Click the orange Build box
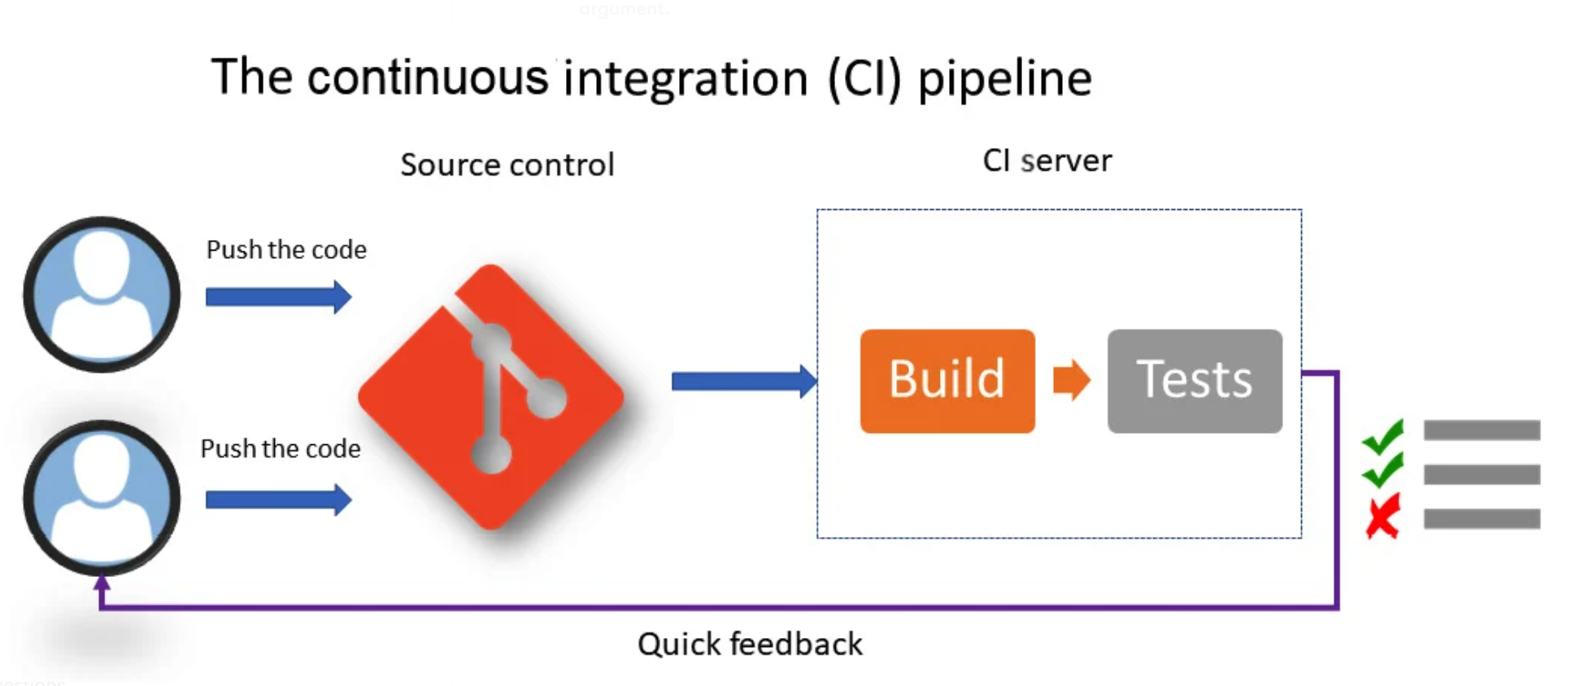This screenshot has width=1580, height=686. [x=947, y=381]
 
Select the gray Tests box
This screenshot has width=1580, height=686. [x=1195, y=381]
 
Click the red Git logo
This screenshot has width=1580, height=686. [x=491, y=396]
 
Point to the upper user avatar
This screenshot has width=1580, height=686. [x=102, y=295]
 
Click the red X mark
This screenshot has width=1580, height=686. [x=1382, y=517]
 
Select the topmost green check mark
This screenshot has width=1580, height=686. [x=1383, y=437]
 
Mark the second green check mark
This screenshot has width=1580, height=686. [x=1383, y=470]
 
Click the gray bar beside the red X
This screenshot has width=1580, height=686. [x=1482, y=518]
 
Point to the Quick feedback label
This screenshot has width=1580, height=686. [x=750, y=644]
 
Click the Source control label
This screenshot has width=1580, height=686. [x=507, y=165]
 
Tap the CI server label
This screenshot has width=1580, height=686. [x=1047, y=161]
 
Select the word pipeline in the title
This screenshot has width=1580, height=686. [x=1004, y=80]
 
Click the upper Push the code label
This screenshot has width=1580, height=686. [x=286, y=250]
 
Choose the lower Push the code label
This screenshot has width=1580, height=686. [x=281, y=448]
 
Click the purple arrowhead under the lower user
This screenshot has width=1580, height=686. [x=102, y=583]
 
